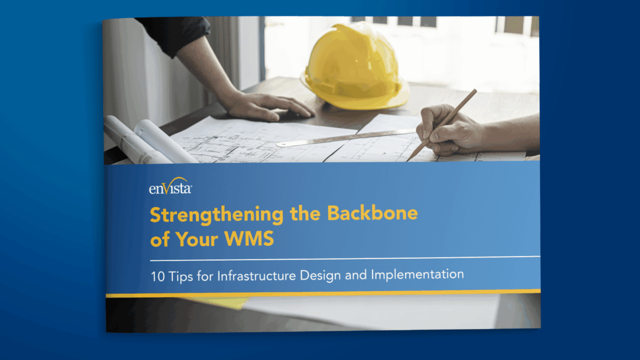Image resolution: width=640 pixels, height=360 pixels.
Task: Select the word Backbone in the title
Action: pos(372,213)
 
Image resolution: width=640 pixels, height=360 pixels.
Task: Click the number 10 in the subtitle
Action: pos(157,275)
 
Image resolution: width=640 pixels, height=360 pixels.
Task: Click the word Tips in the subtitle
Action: pos(181,275)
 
